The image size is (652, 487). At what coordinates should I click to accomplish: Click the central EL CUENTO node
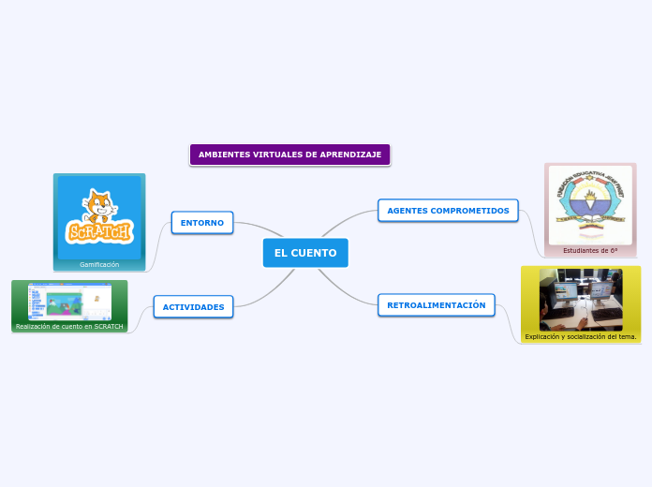pyautogui.click(x=305, y=253)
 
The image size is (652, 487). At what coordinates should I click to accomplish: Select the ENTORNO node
pyautogui.click(x=202, y=223)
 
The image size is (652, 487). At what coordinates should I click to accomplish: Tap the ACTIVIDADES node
pyautogui.click(x=194, y=307)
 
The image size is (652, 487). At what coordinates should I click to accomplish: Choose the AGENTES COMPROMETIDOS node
pyautogui.click(x=448, y=211)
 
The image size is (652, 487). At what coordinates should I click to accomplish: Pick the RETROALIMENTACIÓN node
pyautogui.click(x=437, y=305)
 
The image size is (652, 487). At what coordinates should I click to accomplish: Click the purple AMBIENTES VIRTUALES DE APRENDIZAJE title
pyautogui.click(x=289, y=155)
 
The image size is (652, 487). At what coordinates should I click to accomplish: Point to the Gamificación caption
pyautogui.click(x=99, y=265)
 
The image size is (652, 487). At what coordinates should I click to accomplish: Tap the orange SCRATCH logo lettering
pyautogui.click(x=98, y=232)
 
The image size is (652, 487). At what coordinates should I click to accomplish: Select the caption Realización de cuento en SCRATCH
pyautogui.click(x=69, y=327)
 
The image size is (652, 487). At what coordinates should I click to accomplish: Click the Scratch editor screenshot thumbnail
pyautogui.click(x=69, y=301)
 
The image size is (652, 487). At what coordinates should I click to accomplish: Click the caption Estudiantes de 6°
pyautogui.click(x=590, y=251)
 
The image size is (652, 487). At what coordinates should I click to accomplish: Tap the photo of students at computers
pyautogui.click(x=581, y=299)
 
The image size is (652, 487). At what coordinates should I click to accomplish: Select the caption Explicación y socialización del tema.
pyautogui.click(x=581, y=336)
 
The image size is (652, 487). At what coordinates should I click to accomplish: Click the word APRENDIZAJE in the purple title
pyautogui.click(x=350, y=155)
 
